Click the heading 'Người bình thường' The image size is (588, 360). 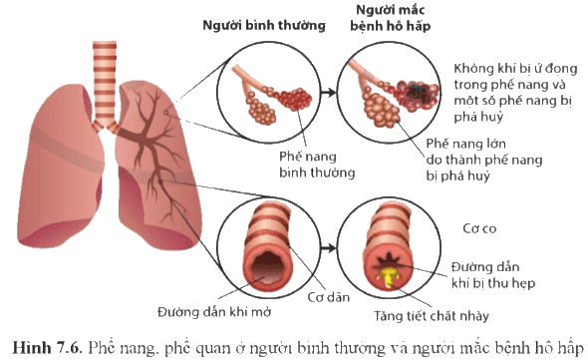tap(264, 25)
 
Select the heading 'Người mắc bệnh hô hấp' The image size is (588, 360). tap(390, 18)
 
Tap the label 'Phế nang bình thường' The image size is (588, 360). tap(317, 165)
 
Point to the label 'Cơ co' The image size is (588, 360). tap(479, 228)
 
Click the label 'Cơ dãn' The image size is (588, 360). tap(329, 297)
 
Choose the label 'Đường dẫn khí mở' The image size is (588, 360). tap(214, 312)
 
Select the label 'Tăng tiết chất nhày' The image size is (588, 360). tap(432, 316)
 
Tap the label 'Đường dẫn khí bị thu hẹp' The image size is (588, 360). tap(492, 275)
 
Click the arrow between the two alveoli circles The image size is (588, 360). tap(329, 93)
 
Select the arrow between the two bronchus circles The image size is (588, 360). tap(329, 248)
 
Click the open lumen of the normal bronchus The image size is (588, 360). tap(267, 265)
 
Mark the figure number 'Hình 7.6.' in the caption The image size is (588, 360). tap(47, 348)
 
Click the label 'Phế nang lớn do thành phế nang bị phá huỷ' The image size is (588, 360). tap(483, 160)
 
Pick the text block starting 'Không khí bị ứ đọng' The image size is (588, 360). tap(515, 93)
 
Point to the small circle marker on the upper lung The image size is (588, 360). tap(166, 113)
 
